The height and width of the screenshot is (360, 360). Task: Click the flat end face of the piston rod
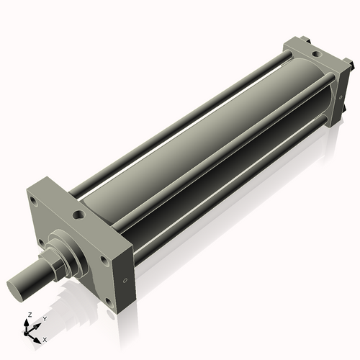(x=16, y=290)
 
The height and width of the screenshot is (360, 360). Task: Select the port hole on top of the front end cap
(x=78, y=215)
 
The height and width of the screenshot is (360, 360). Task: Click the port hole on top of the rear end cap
(x=316, y=54)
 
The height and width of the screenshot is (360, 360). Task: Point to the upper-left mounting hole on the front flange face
(x=33, y=202)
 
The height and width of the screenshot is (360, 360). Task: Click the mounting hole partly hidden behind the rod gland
(x=41, y=243)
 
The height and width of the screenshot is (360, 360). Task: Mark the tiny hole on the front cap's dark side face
(x=125, y=280)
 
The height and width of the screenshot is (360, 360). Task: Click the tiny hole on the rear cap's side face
(x=341, y=97)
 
